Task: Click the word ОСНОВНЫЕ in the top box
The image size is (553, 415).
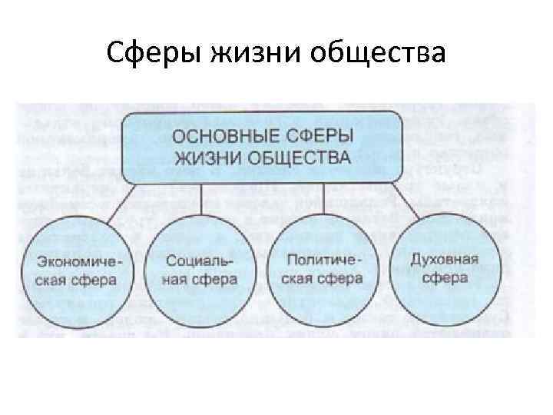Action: point(225,138)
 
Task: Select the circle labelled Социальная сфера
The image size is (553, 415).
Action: point(200,269)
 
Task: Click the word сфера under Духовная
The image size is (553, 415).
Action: point(445,277)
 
